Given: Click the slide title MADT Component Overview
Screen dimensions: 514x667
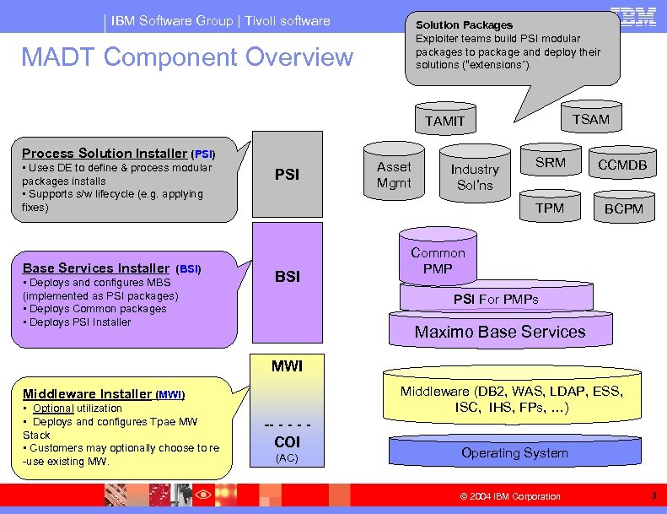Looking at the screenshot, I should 187,57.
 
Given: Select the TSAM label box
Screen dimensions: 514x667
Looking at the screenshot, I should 590,119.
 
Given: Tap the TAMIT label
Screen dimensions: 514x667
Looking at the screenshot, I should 444,121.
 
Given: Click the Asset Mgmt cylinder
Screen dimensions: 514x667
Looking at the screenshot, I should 394,175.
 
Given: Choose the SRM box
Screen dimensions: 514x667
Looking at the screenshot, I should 551,162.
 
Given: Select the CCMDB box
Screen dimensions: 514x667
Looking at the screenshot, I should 623,165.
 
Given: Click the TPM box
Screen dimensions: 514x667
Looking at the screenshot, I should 550,208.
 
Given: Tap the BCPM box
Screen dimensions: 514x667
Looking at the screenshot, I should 623,208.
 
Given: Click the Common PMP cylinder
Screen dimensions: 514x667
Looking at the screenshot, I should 438,261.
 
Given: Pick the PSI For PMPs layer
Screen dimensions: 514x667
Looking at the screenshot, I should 495,299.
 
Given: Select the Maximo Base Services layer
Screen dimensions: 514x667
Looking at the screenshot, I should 499,332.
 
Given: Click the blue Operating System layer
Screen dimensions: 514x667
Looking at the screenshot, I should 514,453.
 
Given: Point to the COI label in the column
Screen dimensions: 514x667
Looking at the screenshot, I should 288,441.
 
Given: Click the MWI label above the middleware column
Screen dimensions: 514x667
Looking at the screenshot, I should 287,366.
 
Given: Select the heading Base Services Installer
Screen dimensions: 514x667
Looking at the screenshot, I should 95,268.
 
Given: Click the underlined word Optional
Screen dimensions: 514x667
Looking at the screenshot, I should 52,408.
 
